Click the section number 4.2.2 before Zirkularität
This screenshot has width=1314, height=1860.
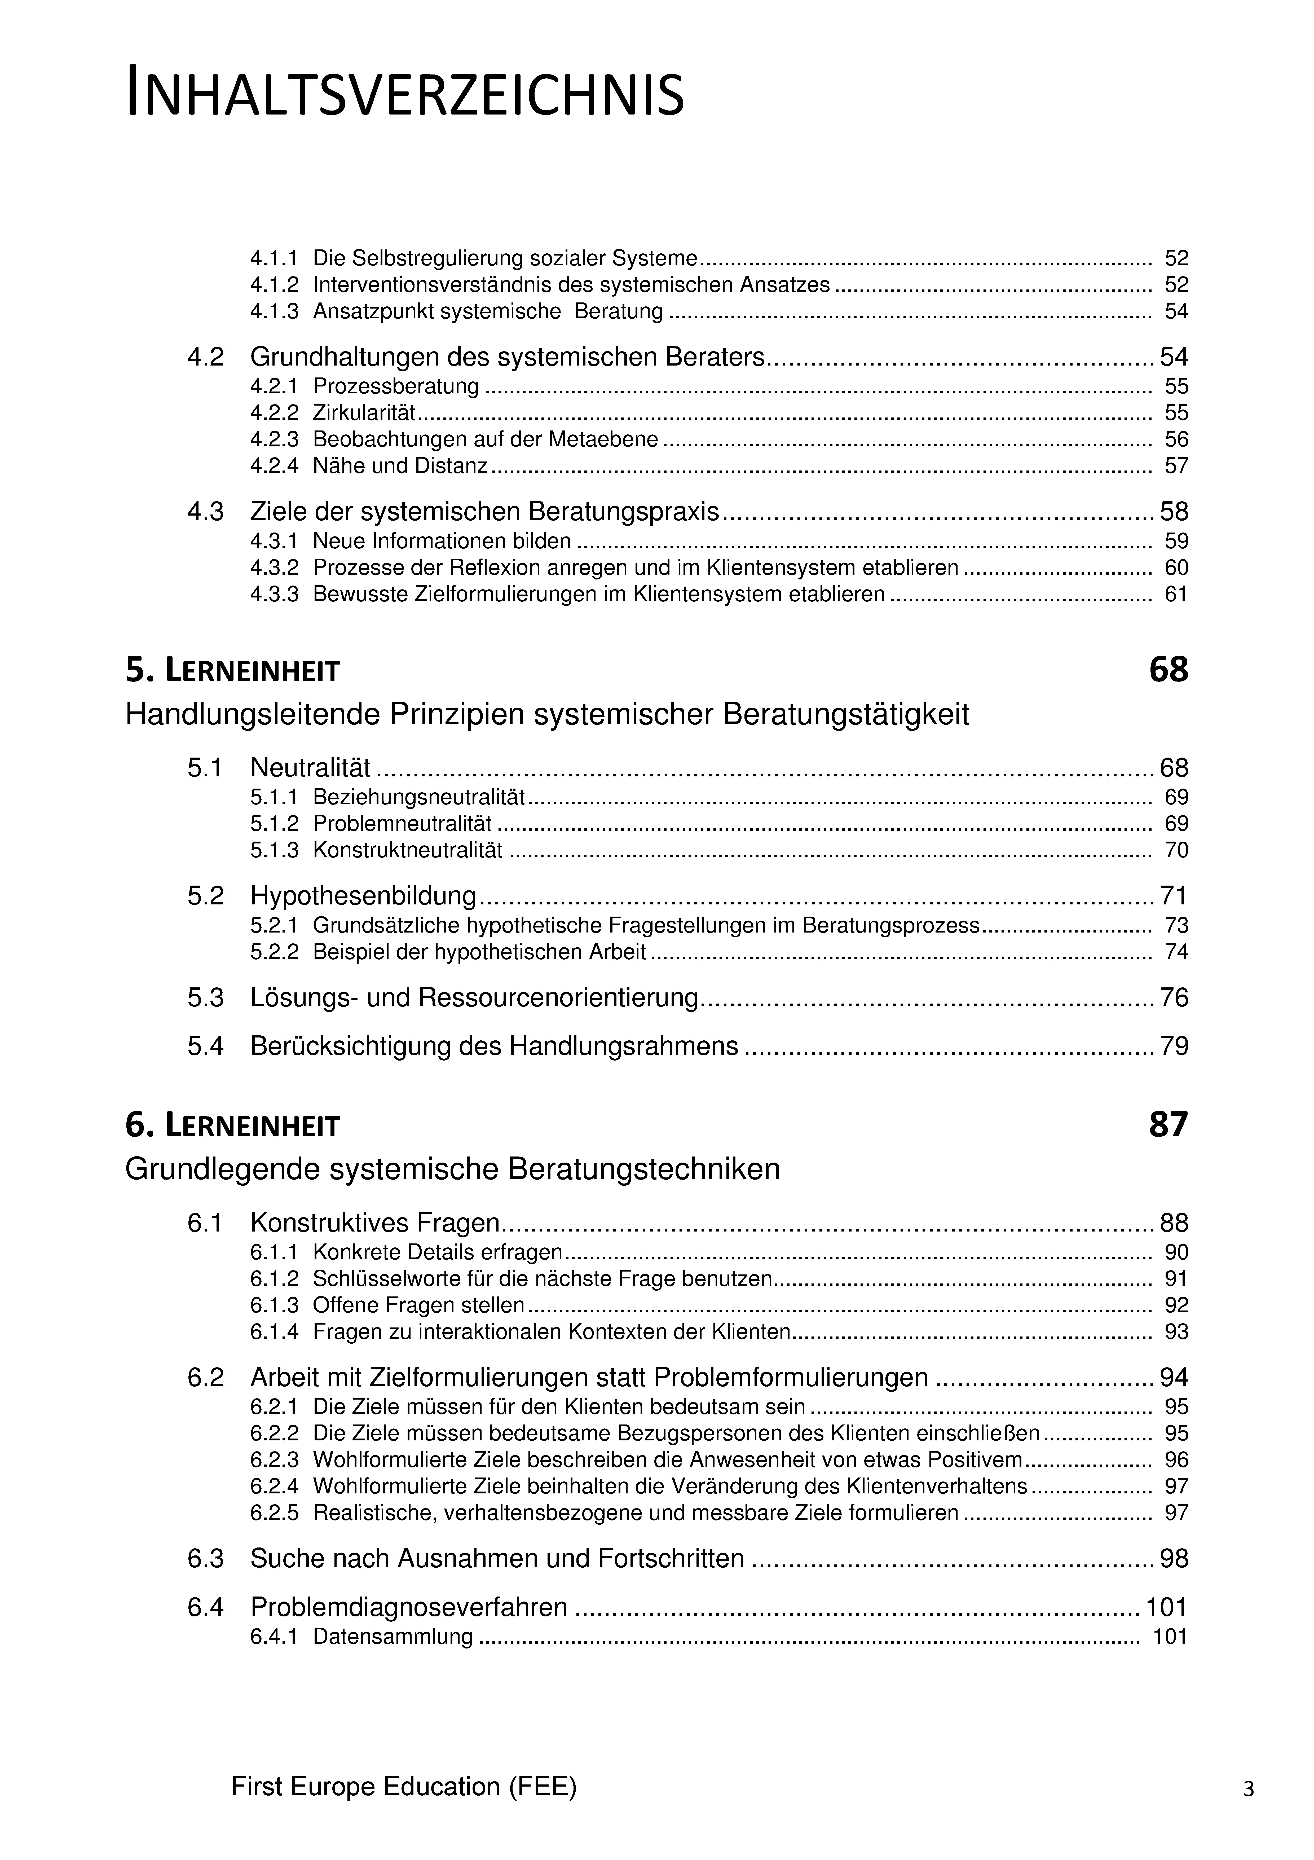[274, 413]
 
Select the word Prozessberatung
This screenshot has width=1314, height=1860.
[396, 386]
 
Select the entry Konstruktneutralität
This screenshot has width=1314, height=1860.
[408, 851]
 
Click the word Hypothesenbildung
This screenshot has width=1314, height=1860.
[363, 896]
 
